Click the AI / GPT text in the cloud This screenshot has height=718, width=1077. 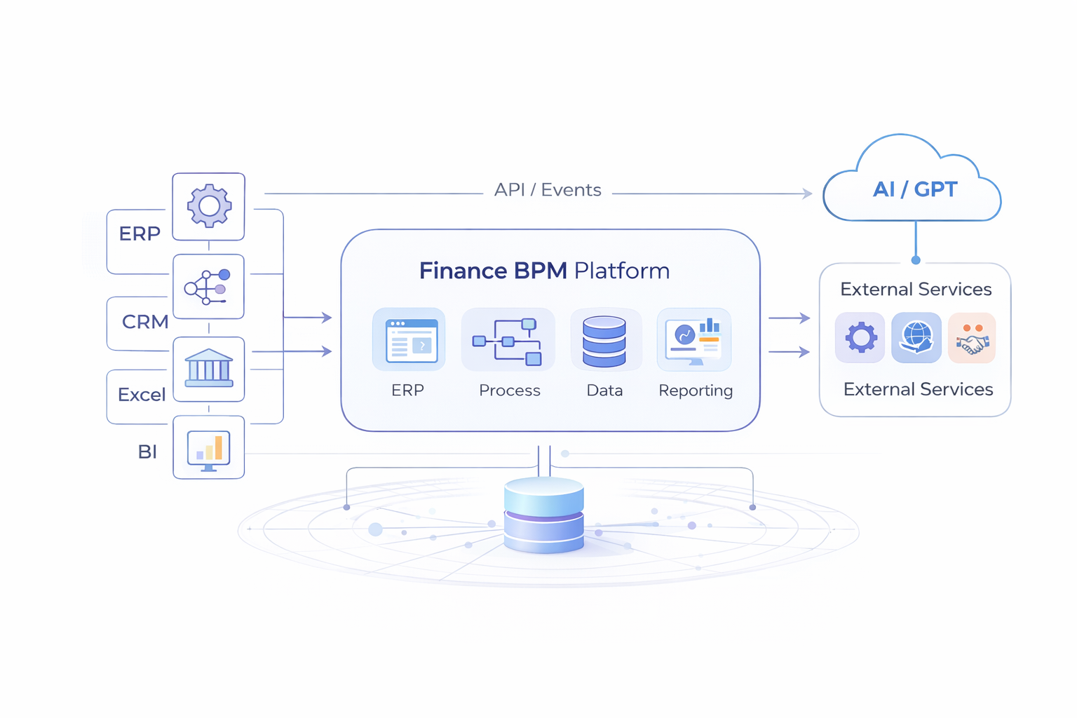tap(914, 189)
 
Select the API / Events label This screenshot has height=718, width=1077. tap(548, 190)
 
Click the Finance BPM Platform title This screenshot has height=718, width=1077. tap(544, 271)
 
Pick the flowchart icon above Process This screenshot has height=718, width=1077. tap(508, 341)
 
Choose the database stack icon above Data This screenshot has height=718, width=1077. tap(604, 341)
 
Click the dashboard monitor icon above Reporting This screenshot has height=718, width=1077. tap(694, 340)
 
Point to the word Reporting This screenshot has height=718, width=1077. tap(696, 391)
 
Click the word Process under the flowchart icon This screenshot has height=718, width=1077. tap(510, 391)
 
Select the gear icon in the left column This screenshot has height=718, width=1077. tap(209, 206)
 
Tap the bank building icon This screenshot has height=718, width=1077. tap(209, 368)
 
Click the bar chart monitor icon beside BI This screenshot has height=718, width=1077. tap(209, 449)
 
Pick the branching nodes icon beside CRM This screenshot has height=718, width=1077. tap(208, 287)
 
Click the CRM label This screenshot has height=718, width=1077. tap(145, 322)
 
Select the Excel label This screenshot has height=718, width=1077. tap(142, 395)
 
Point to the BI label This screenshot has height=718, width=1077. tap(147, 452)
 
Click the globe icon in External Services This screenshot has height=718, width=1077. tap(916, 338)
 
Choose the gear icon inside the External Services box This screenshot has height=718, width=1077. tap(860, 338)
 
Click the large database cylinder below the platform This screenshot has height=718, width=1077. tap(544, 515)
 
